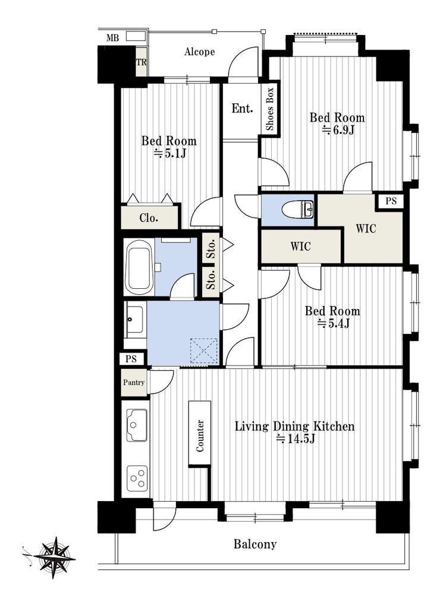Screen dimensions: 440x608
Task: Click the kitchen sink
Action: (137, 425)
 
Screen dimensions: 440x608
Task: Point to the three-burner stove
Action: (137, 478)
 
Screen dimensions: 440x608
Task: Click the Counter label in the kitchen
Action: (200, 436)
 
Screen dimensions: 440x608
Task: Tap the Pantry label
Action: (134, 382)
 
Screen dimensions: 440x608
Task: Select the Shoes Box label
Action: (270, 109)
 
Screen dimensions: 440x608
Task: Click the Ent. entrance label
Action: (242, 109)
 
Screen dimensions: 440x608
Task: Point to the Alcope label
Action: (199, 52)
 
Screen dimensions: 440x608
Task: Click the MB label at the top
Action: (112, 38)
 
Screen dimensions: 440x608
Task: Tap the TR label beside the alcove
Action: (142, 62)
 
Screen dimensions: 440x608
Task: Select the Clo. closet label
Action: (149, 218)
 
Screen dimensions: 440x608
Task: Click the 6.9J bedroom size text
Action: (338, 130)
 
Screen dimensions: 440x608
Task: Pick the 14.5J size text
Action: (295, 439)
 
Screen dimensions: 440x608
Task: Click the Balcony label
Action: (255, 544)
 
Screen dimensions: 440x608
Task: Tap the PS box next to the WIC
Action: (391, 201)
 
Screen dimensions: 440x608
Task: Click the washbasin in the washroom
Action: (135, 320)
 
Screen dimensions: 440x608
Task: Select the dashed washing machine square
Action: (204, 351)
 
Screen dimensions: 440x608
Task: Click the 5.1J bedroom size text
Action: (170, 153)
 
